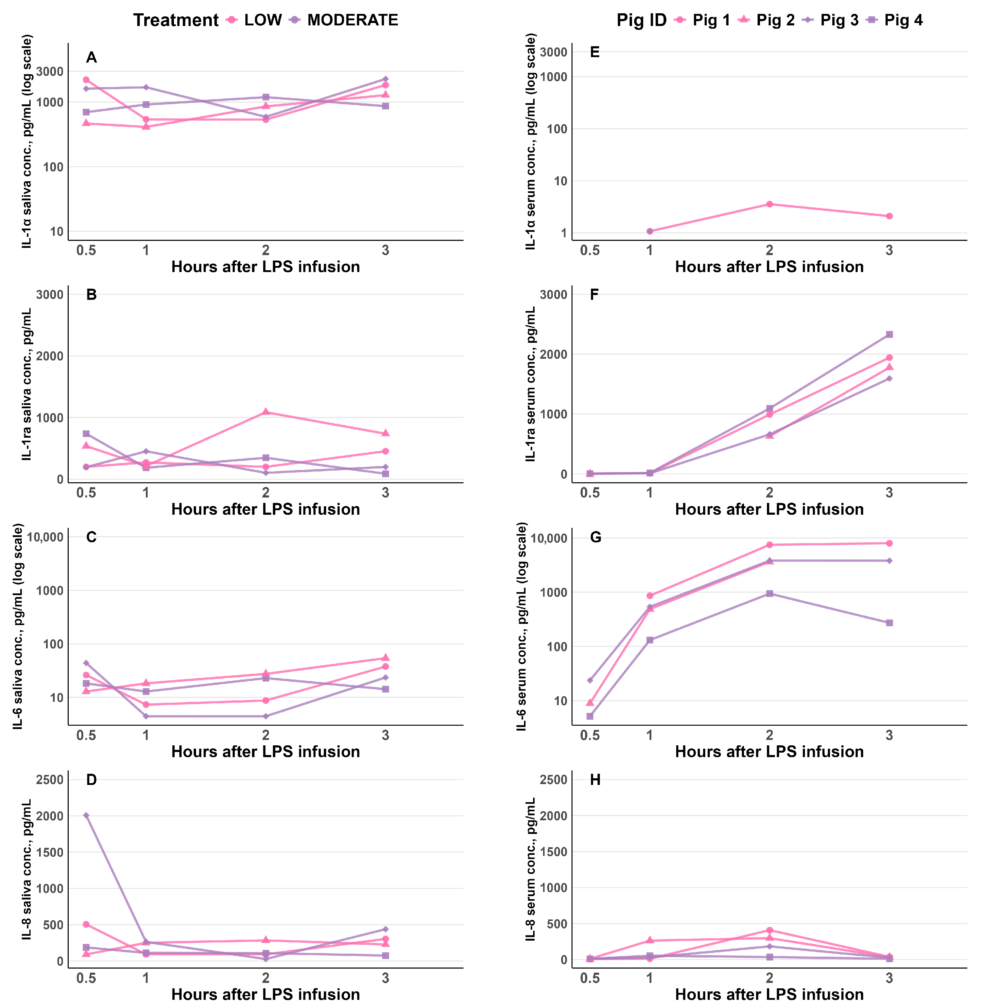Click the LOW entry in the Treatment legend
click(254, 20)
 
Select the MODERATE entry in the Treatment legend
click(344, 20)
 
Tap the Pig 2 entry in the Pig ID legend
click(766, 20)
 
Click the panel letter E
click(595, 52)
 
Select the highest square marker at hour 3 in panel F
click(889, 334)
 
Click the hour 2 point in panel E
click(770, 204)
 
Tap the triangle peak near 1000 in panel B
click(266, 411)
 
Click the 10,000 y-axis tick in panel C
click(45, 537)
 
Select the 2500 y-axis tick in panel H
click(554, 780)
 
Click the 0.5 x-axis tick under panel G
click(590, 735)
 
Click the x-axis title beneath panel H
click(770, 994)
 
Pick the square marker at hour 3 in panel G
click(889, 623)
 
